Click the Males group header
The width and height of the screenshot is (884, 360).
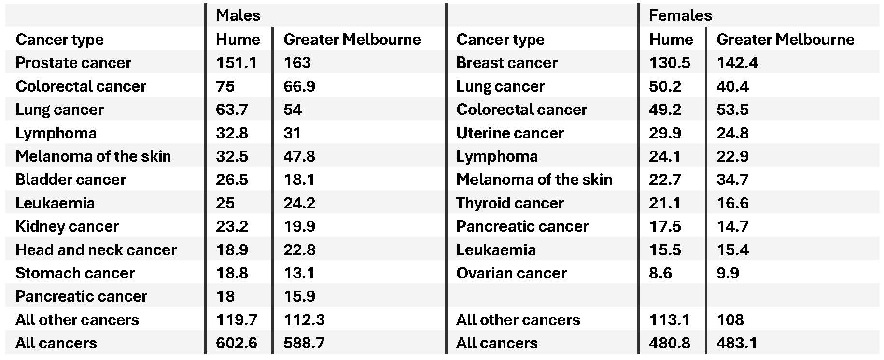[238, 15]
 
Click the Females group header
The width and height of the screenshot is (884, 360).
[680, 15]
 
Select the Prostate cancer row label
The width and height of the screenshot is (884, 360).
[73, 63]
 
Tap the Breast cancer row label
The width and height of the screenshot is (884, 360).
[506, 63]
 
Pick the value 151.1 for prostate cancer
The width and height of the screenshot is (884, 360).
[236, 63]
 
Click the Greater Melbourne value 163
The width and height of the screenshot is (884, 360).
[297, 63]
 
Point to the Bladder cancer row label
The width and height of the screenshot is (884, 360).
[70, 180]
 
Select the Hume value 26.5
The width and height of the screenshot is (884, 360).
[232, 180]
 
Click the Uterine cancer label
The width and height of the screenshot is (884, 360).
[510, 133]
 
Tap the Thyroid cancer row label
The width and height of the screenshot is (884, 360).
[510, 203]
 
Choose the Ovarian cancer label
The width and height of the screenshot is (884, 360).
[511, 273]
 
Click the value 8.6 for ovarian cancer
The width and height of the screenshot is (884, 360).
[660, 273]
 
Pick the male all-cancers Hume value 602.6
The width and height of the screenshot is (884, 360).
[236, 343]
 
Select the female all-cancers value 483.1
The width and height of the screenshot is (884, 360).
[737, 343]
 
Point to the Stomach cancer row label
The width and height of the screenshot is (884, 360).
[75, 273]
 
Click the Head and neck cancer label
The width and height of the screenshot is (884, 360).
[96, 250]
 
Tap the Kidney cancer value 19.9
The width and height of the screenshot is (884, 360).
[299, 226]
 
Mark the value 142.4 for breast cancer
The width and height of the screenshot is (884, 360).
[737, 63]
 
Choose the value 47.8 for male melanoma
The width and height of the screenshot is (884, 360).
[299, 156]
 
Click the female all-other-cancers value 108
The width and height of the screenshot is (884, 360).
[730, 320]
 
